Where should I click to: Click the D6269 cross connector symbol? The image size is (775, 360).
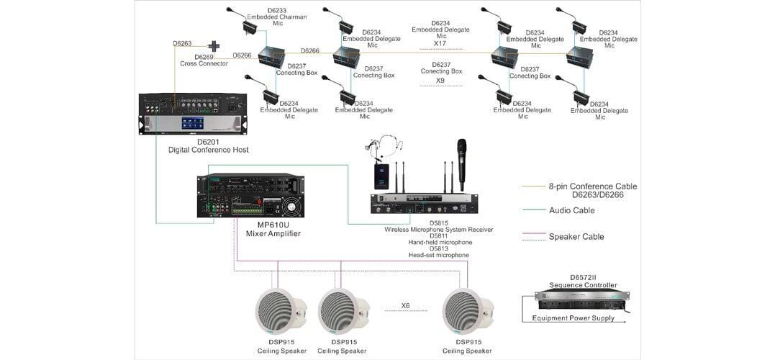[x=214, y=46]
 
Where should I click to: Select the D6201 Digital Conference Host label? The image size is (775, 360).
[x=208, y=145]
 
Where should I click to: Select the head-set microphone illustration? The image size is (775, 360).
[x=376, y=143]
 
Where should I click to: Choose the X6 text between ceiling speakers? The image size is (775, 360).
[x=405, y=305]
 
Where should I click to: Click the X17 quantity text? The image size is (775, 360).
[x=440, y=43]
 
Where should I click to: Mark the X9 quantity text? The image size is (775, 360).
[x=440, y=80]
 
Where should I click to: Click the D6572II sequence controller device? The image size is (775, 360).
[x=581, y=297]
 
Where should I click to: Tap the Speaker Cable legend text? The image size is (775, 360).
[x=576, y=236]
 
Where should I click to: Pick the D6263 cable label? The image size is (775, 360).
[x=183, y=44]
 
